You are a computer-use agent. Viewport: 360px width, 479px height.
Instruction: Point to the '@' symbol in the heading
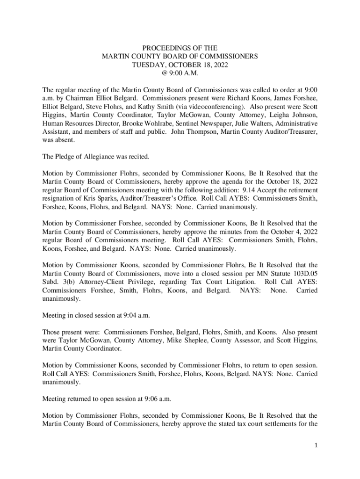pos(165,73)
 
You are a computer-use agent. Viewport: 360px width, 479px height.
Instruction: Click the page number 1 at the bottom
pos(316,446)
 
